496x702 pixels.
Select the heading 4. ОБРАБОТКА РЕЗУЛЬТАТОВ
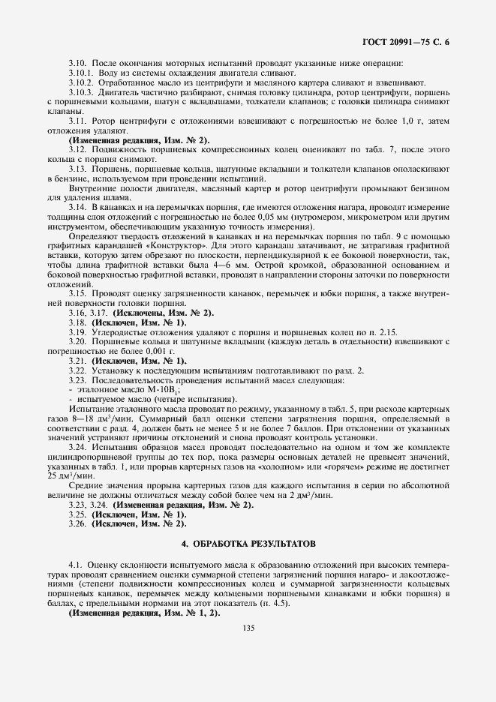248,541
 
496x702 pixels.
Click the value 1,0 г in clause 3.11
407,121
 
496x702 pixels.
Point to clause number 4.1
76,562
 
